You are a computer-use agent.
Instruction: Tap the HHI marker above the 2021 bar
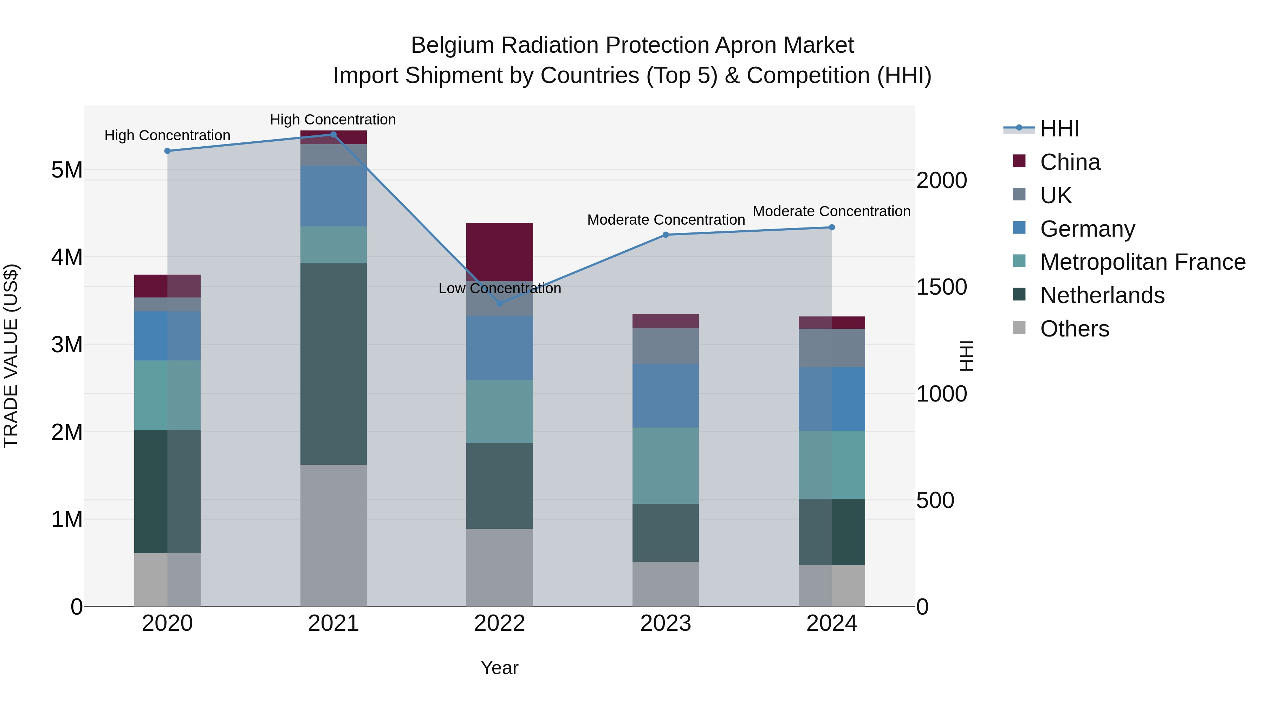click(x=333, y=135)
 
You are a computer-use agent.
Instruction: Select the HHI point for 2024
click(x=831, y=227)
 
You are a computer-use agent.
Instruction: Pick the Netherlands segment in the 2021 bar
click(x=333, y=364)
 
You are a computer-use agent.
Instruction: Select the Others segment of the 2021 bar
click(x=333, y=535)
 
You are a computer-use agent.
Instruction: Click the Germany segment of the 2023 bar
click(x=666, y=395)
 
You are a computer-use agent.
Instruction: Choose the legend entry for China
click(x=1070, y=162)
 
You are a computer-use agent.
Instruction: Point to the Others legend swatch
click(x=1019, y=328)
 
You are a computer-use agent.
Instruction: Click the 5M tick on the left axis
click(x=67, y=170)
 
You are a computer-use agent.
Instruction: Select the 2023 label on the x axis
click(x=666, y=623)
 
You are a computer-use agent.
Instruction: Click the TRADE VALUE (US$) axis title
click(x=11, y=356)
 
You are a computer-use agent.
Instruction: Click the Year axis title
click(x=499, y=668)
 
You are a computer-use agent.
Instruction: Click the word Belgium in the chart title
click(x=452, y=45)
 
